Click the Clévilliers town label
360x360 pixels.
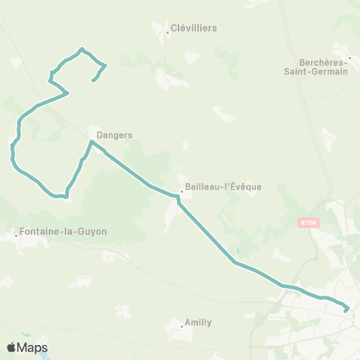tap(193, 28)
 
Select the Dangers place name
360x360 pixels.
tap(114, 136)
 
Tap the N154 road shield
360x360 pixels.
tap(307, 222)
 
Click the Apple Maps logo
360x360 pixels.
tap(26, 347)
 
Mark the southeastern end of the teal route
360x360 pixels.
tap(347, 308)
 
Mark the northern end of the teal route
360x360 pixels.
tap(93, 80)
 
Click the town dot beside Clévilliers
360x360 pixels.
tap(166, 32)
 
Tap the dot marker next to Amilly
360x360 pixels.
tap(183, 327)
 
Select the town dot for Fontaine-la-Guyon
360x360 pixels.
tap(17, 235)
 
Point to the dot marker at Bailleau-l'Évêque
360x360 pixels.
tap(181, 190)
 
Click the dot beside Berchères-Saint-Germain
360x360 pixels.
tap(349, 57)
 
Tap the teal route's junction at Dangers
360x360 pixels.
tap(91, 141)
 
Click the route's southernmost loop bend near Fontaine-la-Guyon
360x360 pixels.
tap(65, 197)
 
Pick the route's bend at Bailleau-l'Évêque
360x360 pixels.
tap(178, 197)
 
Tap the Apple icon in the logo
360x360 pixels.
tap(11, 347)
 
